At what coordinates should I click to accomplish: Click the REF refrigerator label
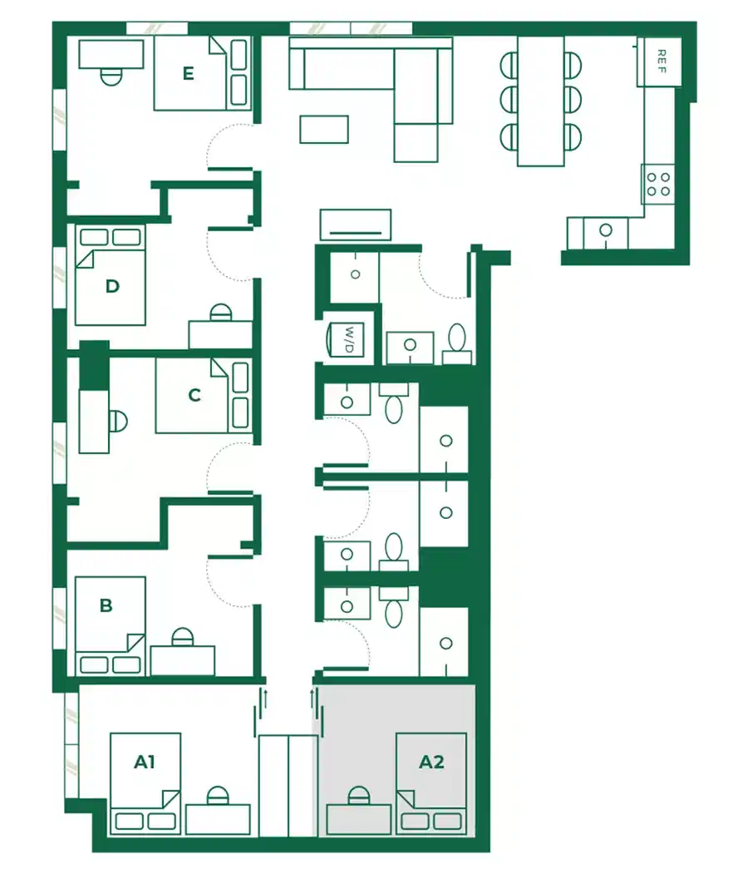(662, 61)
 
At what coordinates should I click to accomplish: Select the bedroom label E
(189, 74)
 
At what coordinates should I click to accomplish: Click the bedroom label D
(112, 287)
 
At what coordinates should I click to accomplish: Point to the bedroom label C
(194, 394)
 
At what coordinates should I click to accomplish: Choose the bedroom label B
(106, 605)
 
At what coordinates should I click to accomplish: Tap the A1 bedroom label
(145, 761)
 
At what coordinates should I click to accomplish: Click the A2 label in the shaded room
(431, 761)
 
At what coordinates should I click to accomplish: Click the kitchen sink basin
(606, 230)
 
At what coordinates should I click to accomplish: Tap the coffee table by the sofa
(324, 129)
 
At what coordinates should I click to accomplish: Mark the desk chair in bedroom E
(111, 77)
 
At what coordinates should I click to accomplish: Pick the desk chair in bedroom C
(118, 421)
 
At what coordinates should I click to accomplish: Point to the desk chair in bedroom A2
(358, 797)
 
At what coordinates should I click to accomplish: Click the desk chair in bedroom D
(220, 314)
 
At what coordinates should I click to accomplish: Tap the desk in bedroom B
(182, 660)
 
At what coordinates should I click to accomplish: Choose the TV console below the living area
(355, 225)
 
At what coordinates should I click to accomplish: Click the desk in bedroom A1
(218, 818)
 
